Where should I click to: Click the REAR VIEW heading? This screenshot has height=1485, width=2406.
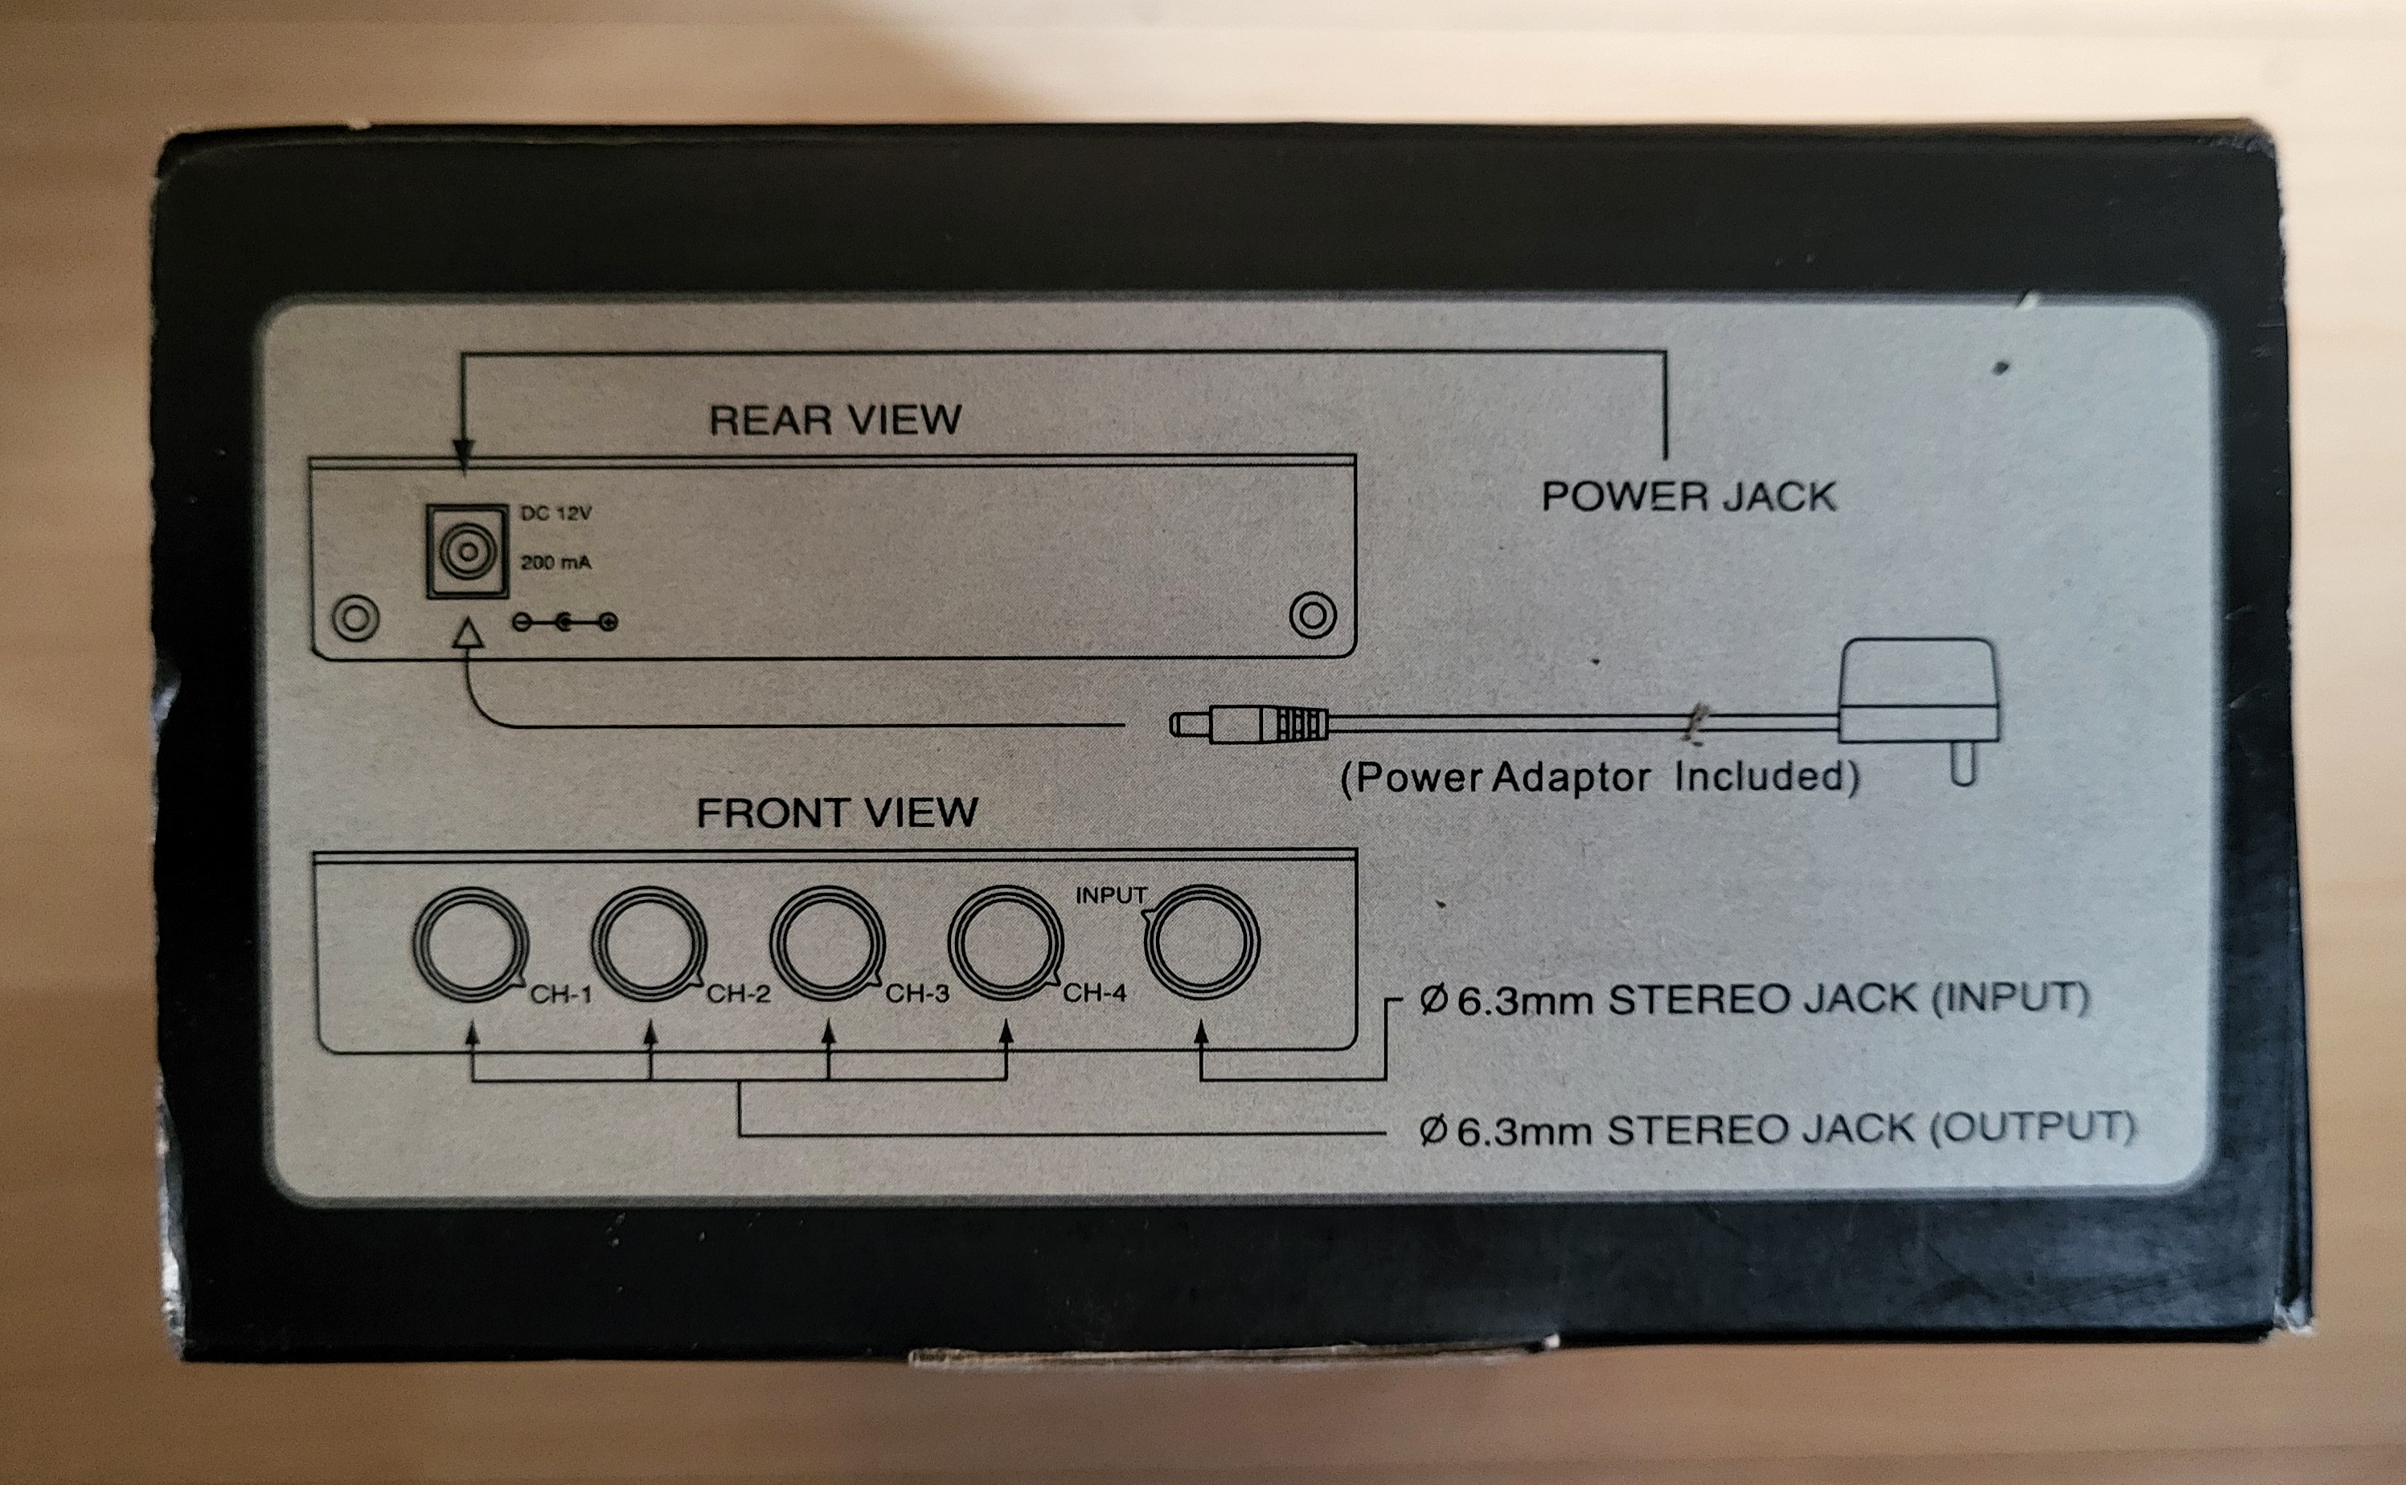pos(835,420)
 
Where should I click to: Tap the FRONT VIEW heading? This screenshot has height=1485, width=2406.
pos(837,813)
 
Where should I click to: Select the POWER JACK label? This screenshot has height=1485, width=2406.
pos(1689,497)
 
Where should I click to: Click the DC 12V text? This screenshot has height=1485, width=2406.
pos(556,513)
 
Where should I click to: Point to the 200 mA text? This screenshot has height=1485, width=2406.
pos(556,562)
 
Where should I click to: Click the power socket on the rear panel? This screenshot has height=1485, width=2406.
pos(467,551)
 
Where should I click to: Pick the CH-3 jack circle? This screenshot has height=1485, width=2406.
pos(827,943)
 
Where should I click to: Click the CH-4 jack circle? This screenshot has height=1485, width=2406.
pos(1005,943)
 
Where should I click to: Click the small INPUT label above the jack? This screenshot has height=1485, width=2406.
pos(1111,896)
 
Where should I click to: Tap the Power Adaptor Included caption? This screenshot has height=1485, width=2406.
pos(1601,778)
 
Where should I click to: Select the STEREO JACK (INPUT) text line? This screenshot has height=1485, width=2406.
pos(1755,1000)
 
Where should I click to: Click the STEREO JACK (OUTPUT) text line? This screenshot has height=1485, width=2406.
pos(1777,1130)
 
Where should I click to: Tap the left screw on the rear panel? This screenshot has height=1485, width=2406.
pos(355,619)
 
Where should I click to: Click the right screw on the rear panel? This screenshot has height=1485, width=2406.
pos(1313,616)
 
